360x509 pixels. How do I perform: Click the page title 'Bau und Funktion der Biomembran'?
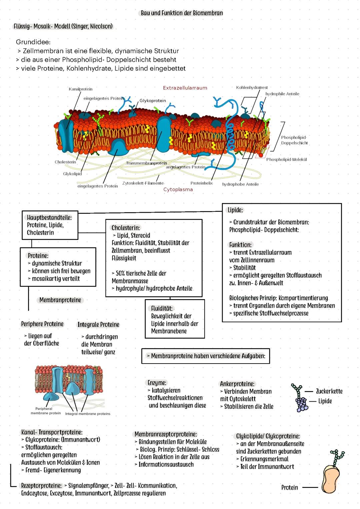[x=182, y=13]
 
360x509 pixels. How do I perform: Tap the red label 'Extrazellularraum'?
[x=185, y=88]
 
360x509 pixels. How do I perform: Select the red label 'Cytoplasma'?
[x=178, y=189]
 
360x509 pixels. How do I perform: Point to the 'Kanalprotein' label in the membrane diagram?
[x=80, y=89]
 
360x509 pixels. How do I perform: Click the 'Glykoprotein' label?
[x=153, y=101]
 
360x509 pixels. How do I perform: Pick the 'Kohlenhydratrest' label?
[x=252, y=87]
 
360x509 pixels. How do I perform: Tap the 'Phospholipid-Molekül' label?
[x=286, y=159]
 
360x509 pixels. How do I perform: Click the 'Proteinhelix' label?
[x=201, y=183]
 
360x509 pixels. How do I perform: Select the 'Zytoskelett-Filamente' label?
[x=143, y=183]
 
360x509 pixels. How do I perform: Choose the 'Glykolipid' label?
[x=72, y=174]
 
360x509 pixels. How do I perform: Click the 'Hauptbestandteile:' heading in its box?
[x=49, y=217]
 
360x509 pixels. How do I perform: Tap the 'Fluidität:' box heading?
[x=162, y=309]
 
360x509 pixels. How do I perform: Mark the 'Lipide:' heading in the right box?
[x=235, y=210]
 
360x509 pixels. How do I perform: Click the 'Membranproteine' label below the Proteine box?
[x=60, y=300]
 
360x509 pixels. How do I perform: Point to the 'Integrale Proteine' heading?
[x=98, y=325]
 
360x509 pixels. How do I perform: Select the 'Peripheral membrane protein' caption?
[x=46, y=411]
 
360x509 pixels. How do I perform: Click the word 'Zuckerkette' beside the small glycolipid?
[x=329, y=391]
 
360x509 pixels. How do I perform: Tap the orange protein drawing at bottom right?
[x=331, y=479]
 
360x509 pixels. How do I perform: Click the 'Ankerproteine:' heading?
[x=237, y=384]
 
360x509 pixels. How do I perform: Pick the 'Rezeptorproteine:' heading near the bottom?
[x=41, y=486]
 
